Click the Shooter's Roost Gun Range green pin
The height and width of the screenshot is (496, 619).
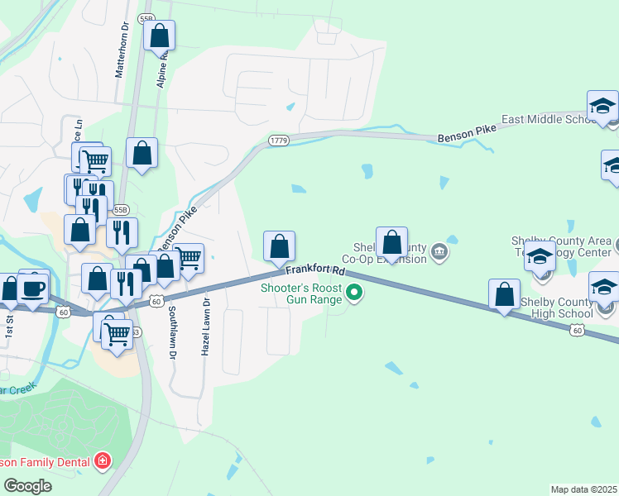click(x=354, y=293)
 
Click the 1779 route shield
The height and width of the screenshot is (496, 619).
click(x=278, y=141)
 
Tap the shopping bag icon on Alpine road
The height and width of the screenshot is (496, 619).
click(x=159, y=36)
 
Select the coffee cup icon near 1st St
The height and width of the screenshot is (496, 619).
click(x=33, y=288)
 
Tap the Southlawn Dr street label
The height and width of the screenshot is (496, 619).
click(x=173, y=331)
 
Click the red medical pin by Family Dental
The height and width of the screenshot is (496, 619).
click(x=102, y=460)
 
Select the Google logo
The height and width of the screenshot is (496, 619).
click(x=27, y=485)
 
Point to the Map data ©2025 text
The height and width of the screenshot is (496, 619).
click(x=583, y=489)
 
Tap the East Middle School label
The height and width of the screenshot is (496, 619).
click(x=548, y=120)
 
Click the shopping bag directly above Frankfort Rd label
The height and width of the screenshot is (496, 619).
click(x=279, y=246)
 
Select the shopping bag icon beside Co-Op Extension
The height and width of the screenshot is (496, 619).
click(x=391, y=243)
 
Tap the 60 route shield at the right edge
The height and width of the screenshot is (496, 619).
click(x=578, y=331)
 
